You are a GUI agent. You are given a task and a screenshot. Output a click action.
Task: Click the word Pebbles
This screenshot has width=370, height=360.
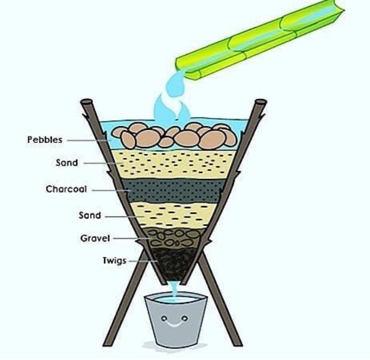[x=45, y=140]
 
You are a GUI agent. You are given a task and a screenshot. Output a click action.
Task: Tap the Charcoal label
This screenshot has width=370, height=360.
[x=66, y=189]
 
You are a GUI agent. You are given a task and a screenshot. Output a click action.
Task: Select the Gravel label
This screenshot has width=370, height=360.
[x=95, y=238]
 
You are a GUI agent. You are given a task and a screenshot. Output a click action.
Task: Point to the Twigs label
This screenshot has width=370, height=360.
[x=114, y=261]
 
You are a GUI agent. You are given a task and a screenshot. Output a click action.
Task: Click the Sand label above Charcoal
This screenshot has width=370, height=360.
[x=67, y=163]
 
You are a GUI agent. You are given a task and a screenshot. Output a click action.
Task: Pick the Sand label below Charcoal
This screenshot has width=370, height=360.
[x=90, y=216]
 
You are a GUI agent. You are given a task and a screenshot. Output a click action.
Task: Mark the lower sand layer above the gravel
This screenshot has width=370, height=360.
[x=174, y=215]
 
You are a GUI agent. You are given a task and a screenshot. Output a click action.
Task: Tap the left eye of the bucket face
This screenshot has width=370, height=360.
[x=164, y=318]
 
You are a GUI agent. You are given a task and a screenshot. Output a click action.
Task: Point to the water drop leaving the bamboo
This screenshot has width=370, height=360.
[x=175, y=84]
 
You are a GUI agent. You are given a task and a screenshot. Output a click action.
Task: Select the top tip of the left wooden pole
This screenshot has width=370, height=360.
[x=86, y=102]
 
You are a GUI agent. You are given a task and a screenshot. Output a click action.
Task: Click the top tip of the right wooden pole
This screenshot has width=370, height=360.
[x=261, y=102]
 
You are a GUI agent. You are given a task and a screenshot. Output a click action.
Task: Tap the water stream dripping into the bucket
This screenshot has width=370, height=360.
[x=174, y=288]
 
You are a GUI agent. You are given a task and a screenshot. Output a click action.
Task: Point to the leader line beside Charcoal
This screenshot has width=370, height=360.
[x=111, y=190]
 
